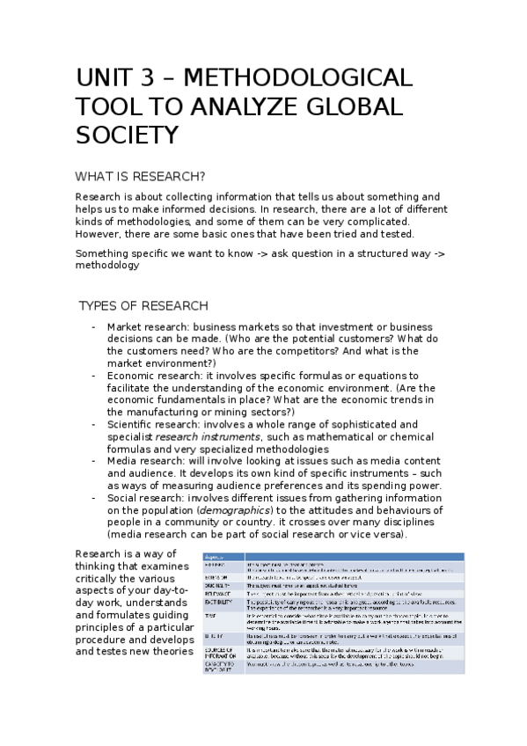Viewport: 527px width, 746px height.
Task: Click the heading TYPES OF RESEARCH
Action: click(x=143, y=306)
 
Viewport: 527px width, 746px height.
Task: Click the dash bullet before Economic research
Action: click(x=94, y=376)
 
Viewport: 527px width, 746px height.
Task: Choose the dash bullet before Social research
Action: click(x=94, y=498)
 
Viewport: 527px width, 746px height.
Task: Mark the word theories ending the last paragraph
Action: click(x=165, y=651)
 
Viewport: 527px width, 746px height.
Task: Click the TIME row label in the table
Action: click(x=211, y=615)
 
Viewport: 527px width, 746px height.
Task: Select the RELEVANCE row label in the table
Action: click(x=215, y=594)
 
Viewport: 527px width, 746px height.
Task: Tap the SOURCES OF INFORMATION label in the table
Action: click(x=216, y=652)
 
